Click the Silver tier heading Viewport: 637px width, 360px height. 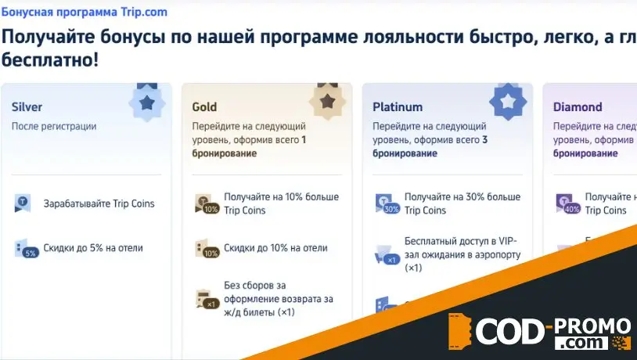point(27,106)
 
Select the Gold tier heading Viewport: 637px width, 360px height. point(204,106)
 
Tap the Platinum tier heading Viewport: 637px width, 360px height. point(398,106)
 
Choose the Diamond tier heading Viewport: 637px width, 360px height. point(578,106)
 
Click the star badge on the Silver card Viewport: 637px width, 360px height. point(146,103)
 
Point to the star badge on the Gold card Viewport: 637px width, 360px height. point(327,101)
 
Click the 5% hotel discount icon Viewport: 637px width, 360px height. point(26,249)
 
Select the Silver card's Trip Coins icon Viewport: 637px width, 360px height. point(23,203)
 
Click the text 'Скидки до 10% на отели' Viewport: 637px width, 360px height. point(275,248)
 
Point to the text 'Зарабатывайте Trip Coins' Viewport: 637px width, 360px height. point(99,203)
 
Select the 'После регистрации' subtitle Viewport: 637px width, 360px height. point(54,126)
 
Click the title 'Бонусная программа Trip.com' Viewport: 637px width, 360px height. point(84,13)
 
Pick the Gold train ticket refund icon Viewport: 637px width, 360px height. point(206,300)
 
